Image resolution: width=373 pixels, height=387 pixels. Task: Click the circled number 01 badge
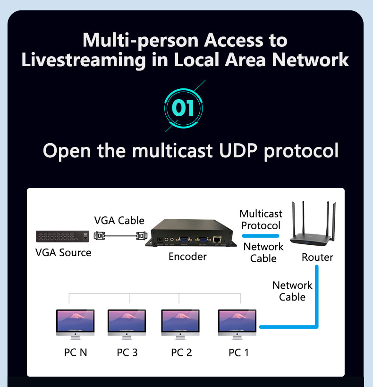tap(183, 108)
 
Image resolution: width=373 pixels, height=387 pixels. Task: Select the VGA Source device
tap(62, 235)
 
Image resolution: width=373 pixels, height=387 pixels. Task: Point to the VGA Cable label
tap(119, 220)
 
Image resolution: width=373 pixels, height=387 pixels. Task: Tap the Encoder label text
tap(187, 257)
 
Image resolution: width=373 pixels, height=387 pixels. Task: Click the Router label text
tap(317, 258)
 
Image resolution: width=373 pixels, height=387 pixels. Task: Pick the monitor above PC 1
tap(237, 324)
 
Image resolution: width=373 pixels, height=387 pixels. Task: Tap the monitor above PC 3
tap(127, 324)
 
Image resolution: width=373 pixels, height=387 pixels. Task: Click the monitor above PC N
tap(75, 324)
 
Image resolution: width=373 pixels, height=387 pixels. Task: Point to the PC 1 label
tap(238, 353)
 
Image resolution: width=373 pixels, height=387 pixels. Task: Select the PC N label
tap(76, 353)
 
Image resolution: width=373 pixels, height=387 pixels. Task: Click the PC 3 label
tap(127, 353)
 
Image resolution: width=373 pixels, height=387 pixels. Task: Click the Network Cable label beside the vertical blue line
tap(292, 291)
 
